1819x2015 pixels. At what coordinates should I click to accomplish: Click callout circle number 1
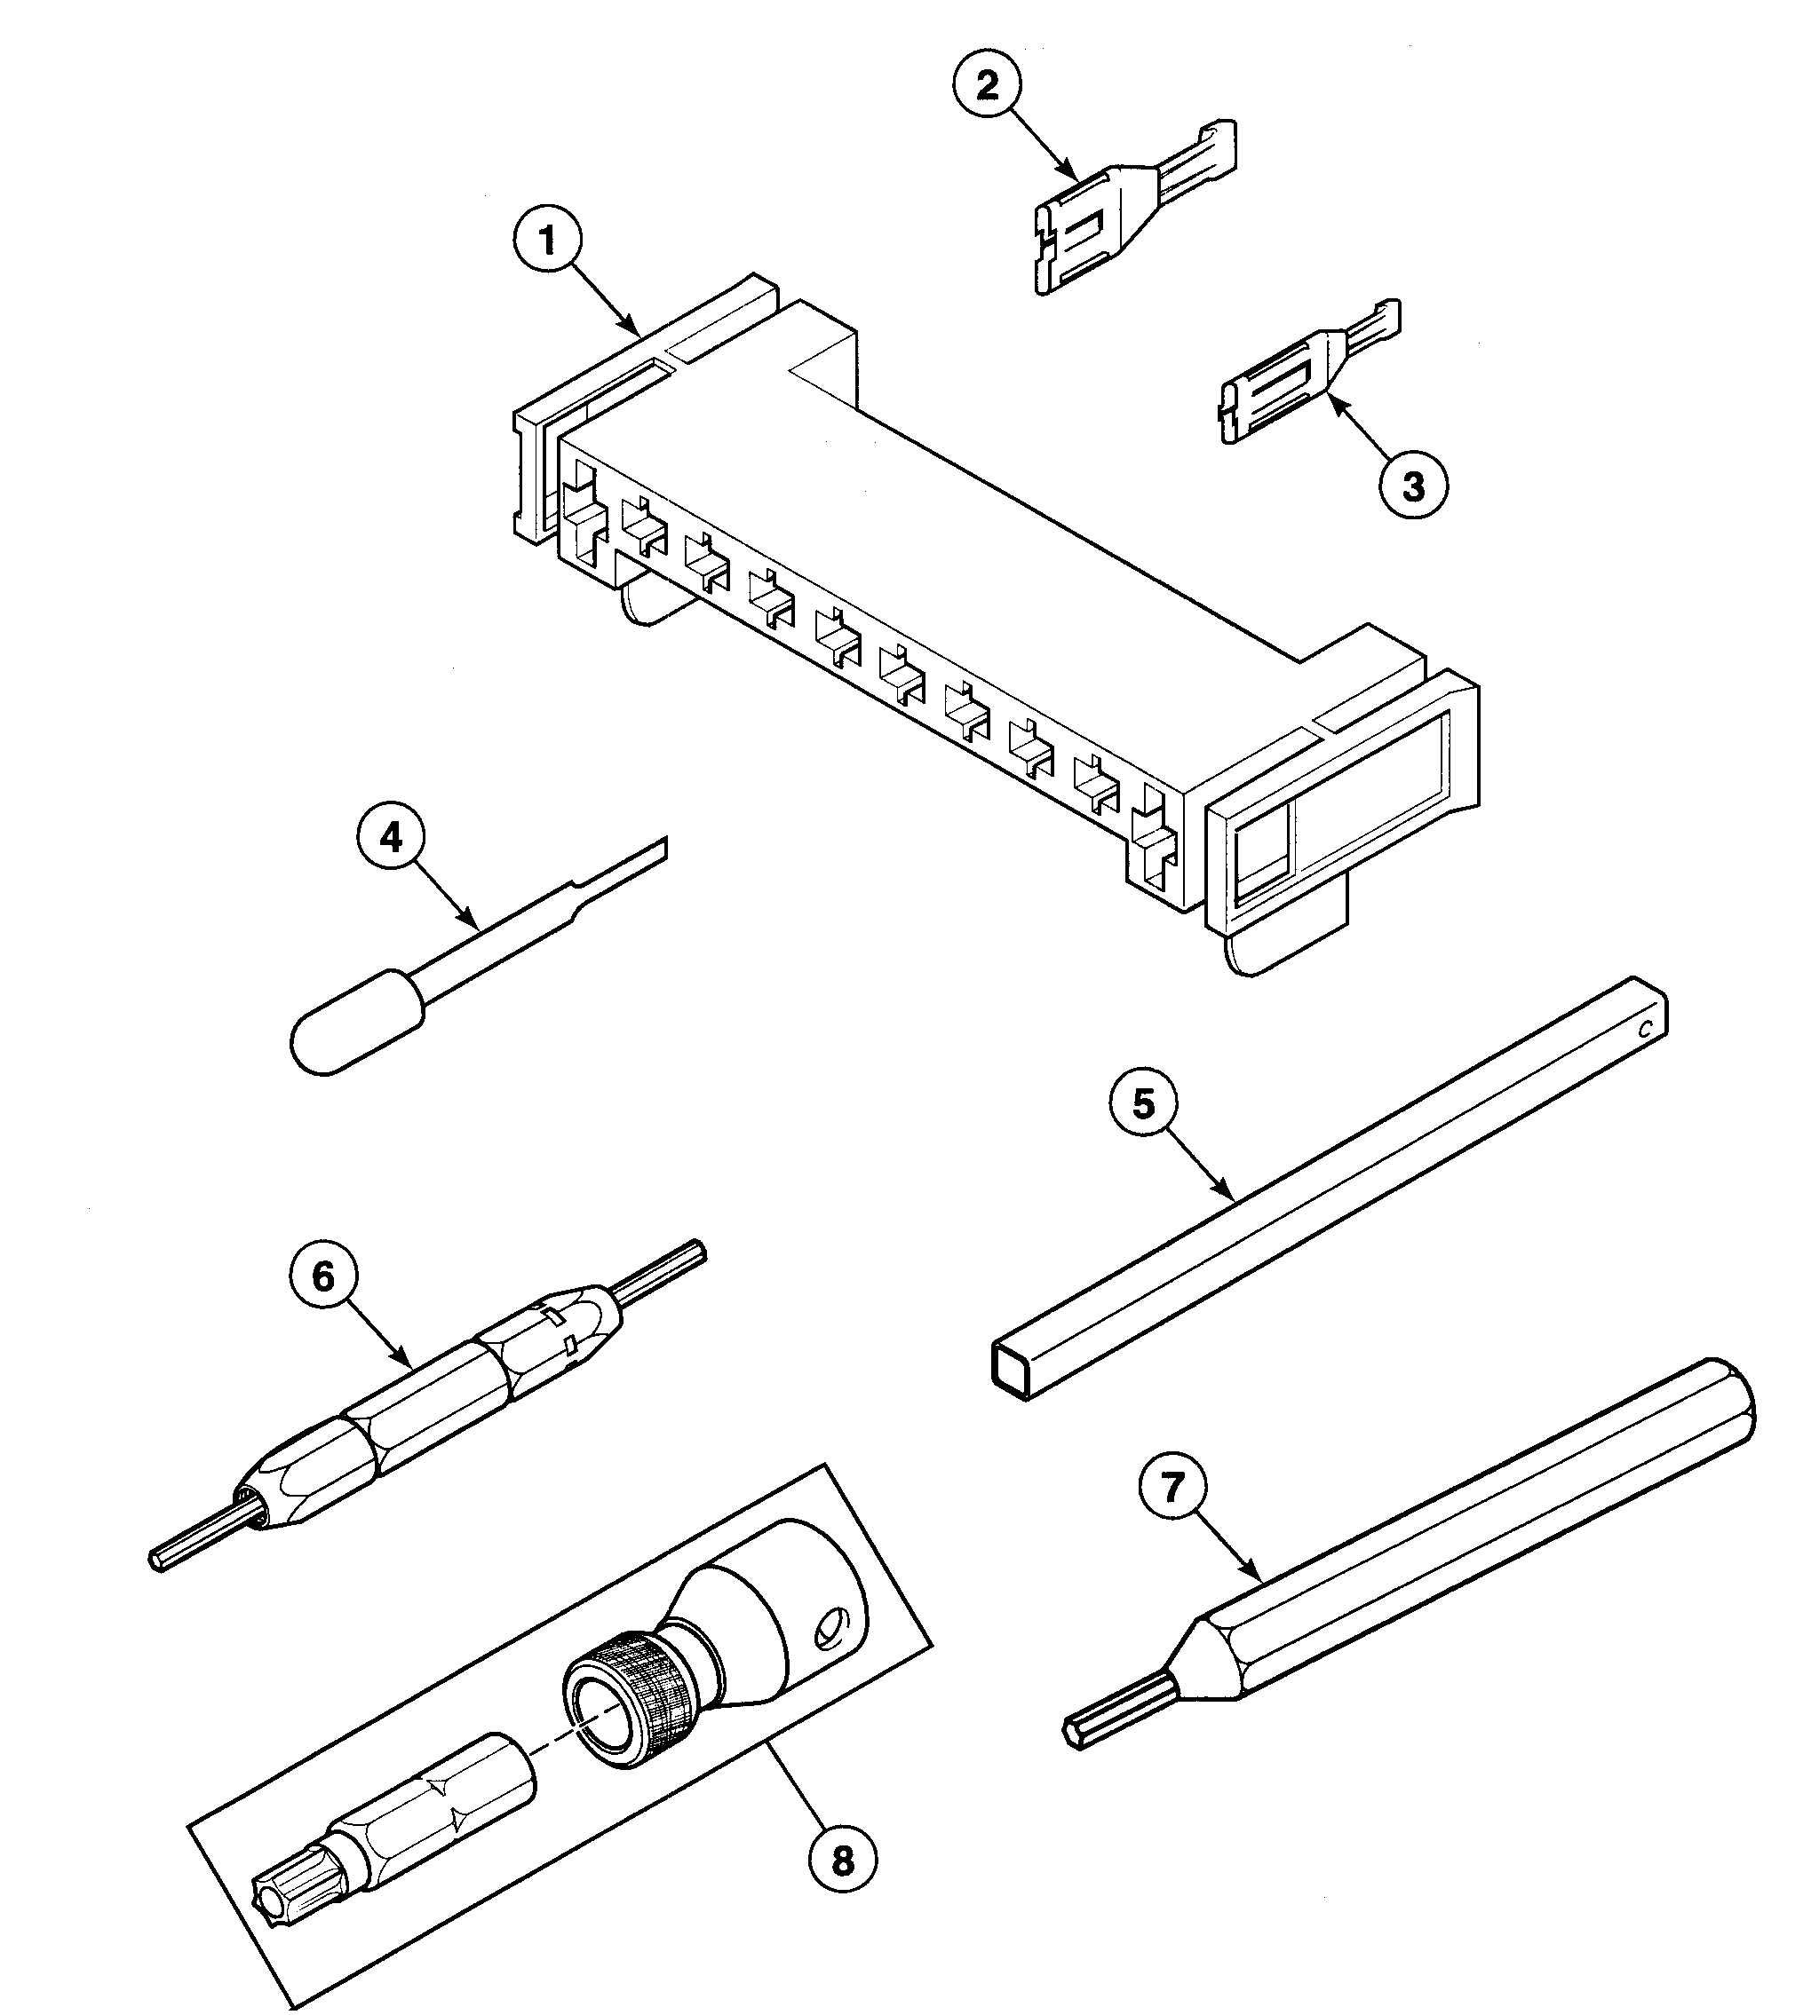pos(548,241)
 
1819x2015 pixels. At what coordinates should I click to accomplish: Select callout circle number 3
pos(1413,487)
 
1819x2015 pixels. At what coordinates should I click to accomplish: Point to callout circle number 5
pos(1143,1104)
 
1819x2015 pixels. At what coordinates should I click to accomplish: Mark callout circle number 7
pos(1172,1487)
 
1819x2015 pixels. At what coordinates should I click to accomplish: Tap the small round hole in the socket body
pos(829,1632)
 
